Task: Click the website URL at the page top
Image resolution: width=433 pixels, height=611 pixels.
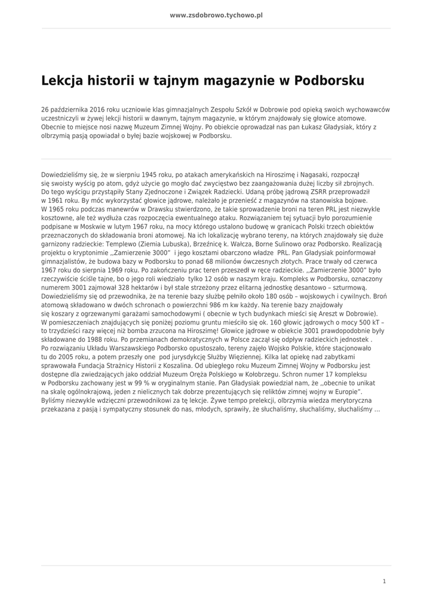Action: (x=216, y=16)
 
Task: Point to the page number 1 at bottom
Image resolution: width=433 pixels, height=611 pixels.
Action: (x=384, y=581)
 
